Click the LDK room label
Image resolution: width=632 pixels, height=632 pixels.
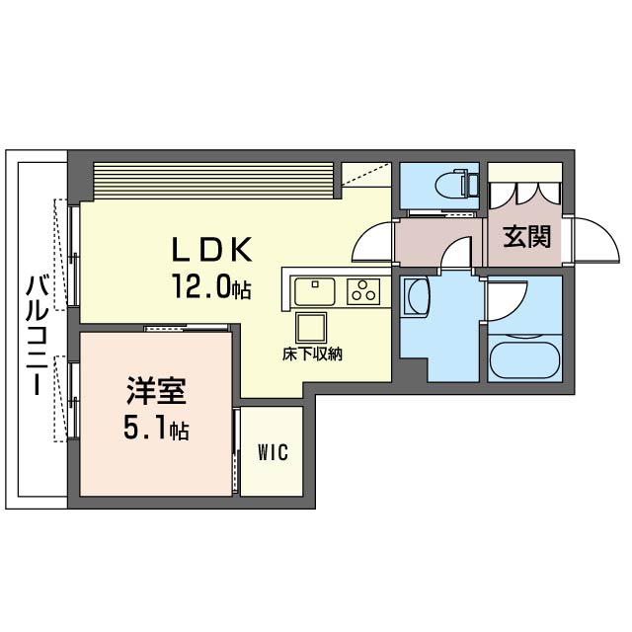(212, 249)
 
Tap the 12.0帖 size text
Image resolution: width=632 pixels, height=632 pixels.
(212, 286)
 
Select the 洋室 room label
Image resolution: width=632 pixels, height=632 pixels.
(156, 391)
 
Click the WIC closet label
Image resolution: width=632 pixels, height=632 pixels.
(273, 452)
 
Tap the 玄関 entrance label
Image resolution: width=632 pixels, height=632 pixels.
(526, 237)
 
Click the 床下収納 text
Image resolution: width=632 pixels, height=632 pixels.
(312, 355)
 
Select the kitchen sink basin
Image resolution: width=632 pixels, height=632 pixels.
(315, 292)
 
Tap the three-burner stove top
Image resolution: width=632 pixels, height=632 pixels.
(363, 291)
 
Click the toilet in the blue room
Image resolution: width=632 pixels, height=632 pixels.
(456, 185)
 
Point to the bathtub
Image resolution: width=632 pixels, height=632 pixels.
(524, 359)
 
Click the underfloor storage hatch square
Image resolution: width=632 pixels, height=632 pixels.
(311, 327)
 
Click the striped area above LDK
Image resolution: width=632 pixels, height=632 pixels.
(213, 180)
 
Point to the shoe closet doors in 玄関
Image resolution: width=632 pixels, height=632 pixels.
(524, 195)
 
